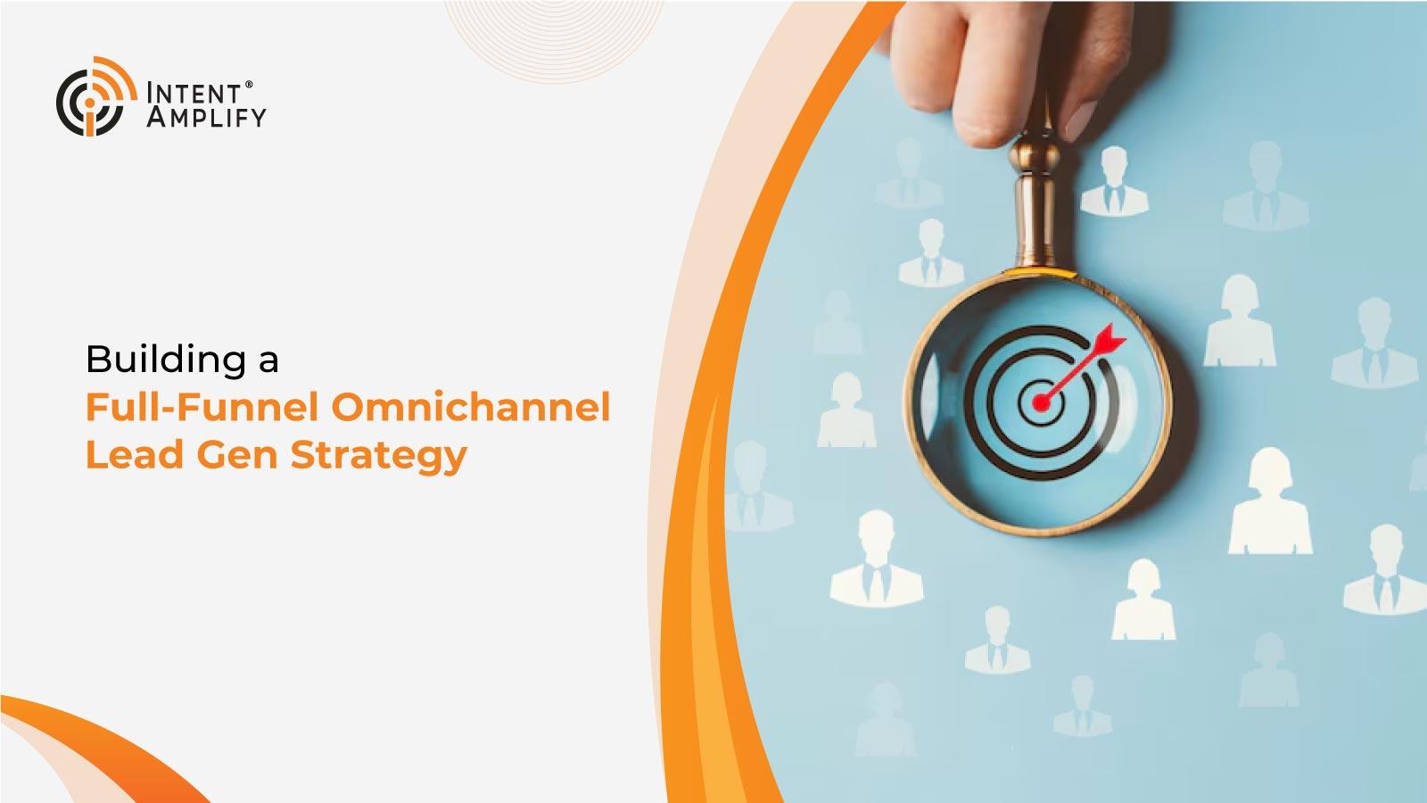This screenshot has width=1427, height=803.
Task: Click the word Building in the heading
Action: (x=165, y=360)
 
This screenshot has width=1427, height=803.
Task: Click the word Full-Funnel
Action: (x=202, y=407)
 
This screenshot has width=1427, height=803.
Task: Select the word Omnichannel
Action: (x=471, y=407)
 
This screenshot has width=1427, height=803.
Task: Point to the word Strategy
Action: (x=378, y=457)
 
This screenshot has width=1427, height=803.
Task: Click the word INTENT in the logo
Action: (x=194, y=94)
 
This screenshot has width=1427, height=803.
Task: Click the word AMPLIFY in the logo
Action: (x=206, y=117)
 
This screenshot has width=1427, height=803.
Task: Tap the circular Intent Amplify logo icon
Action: (x=96, y=96)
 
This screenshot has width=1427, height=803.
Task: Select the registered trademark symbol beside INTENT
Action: (x=249, y=85)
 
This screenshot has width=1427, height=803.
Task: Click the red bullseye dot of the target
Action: (x=1040, y=402)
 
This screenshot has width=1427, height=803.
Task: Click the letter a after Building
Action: (x=268, y=363)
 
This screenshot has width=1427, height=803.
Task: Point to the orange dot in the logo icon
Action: (x=90, y=103)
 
